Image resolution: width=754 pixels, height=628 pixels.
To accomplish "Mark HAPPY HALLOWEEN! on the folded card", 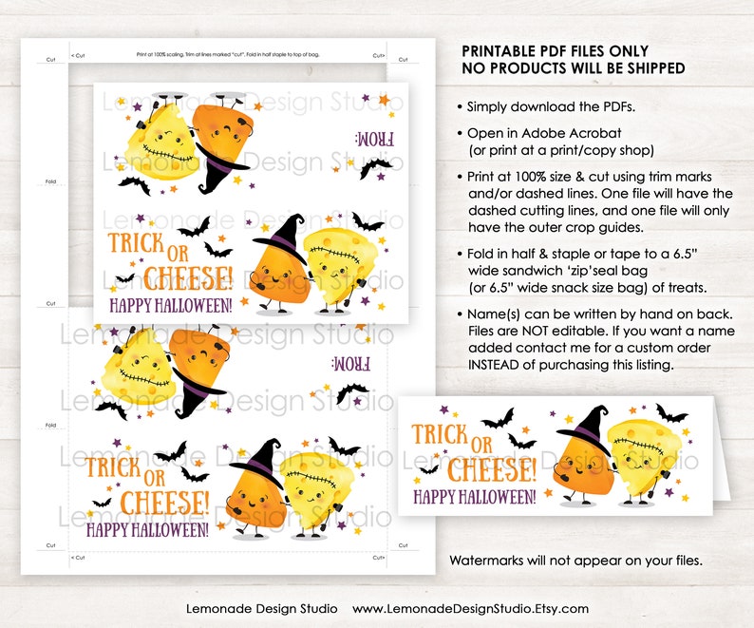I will (474, 495).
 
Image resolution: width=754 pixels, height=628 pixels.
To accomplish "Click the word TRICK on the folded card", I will (440, 436).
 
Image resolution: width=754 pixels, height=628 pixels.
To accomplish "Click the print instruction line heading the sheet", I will (227, 54).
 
